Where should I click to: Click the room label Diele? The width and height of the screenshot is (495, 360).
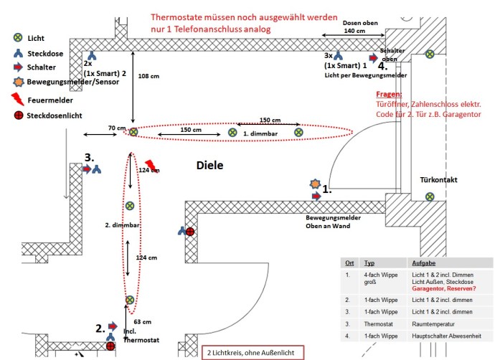click(x=210, y=165)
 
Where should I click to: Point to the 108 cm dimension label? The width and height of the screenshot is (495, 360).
click(x=148, y=75)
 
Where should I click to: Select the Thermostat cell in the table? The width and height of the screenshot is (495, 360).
click(x=380, y=324)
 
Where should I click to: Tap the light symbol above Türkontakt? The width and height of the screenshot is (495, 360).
click(x=429, y=196)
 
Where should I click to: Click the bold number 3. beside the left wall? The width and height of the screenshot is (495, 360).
click(x=89, y=157)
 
